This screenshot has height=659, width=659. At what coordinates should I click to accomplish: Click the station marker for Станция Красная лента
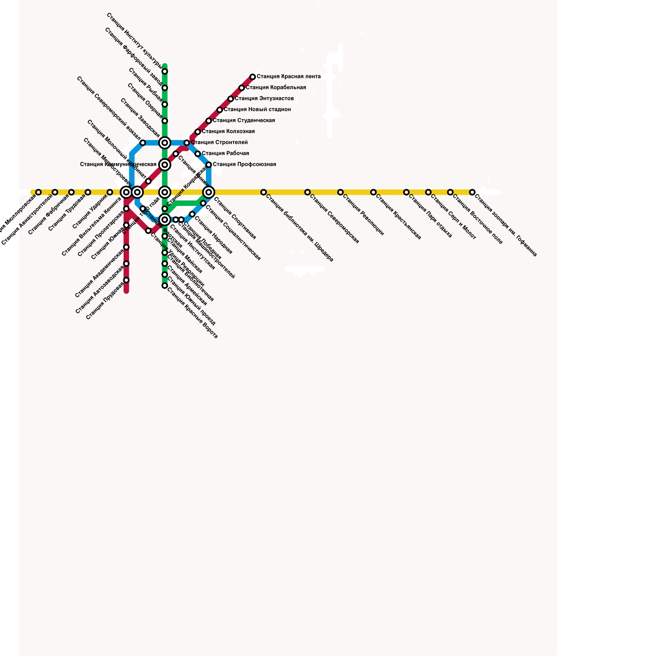252,77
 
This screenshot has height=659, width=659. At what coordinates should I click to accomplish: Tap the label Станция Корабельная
276,88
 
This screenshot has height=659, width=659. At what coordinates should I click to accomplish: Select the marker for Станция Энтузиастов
231,99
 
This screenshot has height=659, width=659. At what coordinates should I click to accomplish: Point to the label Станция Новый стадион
257,110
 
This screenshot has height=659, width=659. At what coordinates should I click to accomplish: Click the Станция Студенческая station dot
209,121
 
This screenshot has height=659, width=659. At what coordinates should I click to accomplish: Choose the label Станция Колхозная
228,132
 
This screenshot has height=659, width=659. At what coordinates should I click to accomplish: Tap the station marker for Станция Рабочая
198,154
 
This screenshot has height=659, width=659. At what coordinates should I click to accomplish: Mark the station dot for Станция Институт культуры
165,72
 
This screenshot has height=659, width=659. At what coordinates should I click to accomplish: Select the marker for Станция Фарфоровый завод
165,88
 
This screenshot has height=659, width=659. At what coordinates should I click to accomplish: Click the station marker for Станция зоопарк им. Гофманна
472,192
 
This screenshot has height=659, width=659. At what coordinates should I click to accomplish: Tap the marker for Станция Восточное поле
450,192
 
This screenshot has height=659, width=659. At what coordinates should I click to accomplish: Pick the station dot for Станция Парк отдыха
407,192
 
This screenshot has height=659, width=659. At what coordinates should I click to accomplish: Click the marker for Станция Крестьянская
373,192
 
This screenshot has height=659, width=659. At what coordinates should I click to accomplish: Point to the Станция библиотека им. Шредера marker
264,192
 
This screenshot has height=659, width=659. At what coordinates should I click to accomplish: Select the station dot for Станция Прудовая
126,280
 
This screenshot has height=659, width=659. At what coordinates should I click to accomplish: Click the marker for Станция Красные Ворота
165,285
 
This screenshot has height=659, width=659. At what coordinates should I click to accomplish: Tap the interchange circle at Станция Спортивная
209,192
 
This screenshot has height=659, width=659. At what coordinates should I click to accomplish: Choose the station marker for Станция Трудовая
88,192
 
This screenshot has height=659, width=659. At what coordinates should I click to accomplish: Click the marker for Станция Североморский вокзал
143,143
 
